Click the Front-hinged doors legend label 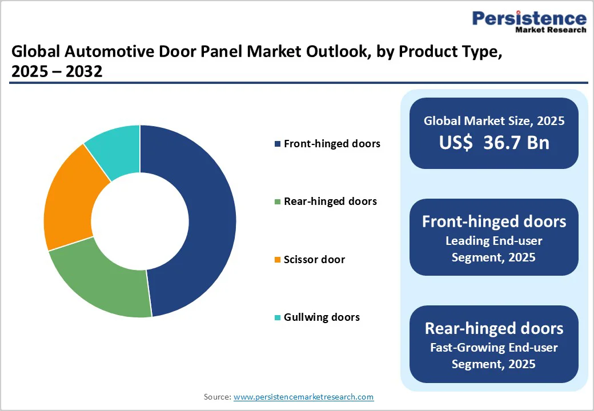coord(332,144)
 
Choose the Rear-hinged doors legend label coord(330,202)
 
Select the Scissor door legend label coord(314,260)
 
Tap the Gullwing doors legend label coord(322,317)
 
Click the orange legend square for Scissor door coord(278,260)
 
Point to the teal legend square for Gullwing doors coord(278,317)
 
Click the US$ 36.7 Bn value coord(494,143)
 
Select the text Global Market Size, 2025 coord(494,121)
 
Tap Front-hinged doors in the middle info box coord(494,221)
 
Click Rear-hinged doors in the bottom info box coord(494,328)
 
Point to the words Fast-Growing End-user coord(494,347)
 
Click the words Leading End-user coord(494,241)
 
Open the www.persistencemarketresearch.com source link coord(303,397)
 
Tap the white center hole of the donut coord(140,221)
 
